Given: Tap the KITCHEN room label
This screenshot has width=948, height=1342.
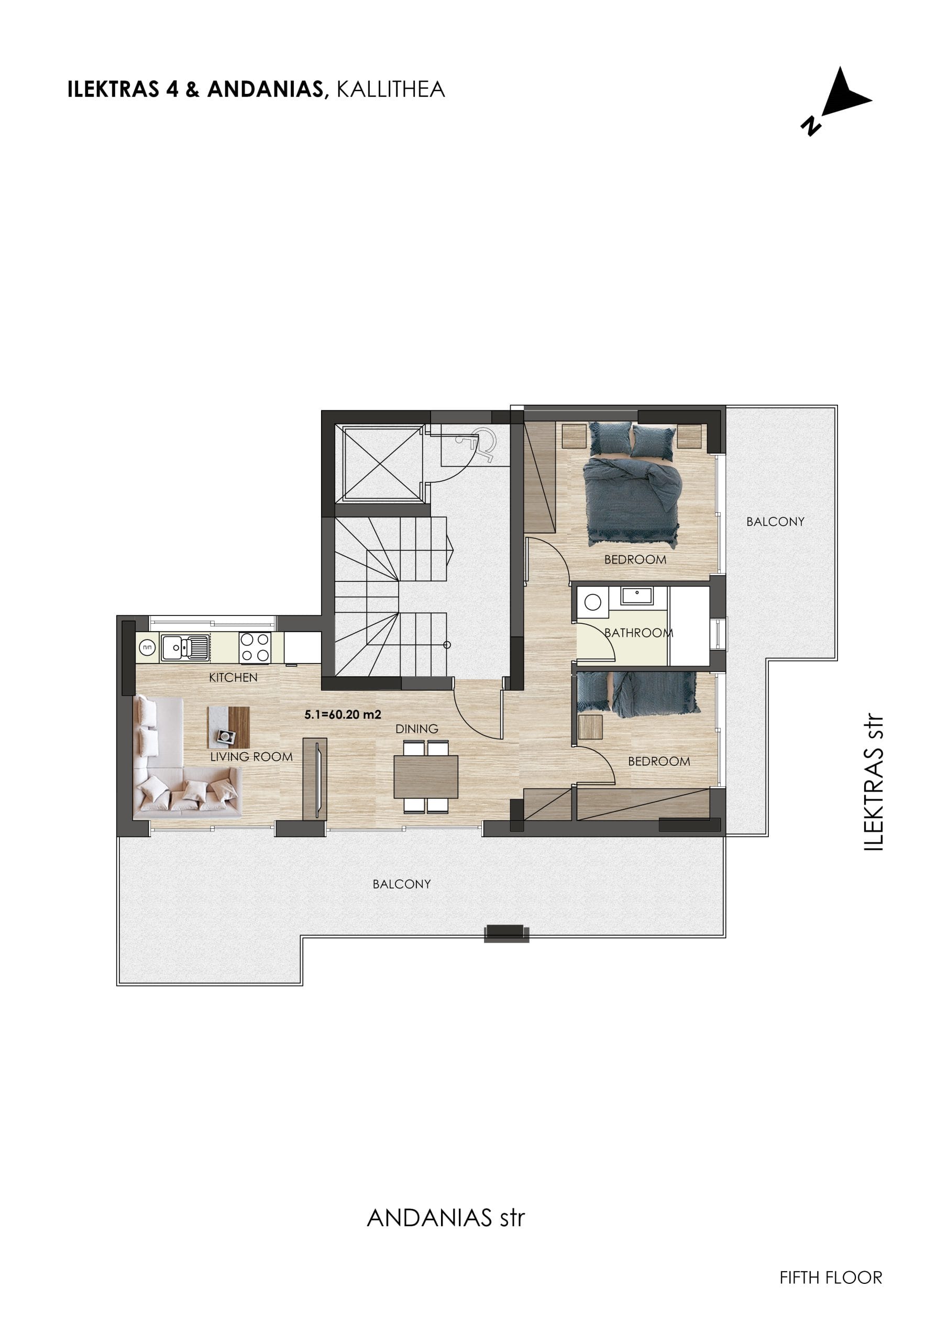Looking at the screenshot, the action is [x=233, y=677].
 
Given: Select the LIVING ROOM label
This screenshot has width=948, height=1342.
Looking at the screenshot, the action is [x=251, y=757].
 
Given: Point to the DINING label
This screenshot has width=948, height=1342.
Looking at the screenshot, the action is [x=416, y=729].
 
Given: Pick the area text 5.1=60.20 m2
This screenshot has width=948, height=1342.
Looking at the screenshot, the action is [x=343, y=715].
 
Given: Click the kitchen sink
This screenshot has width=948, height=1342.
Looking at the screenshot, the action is [x=185, y=647].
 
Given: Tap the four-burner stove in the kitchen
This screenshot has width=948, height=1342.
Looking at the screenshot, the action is [x=255, y=647].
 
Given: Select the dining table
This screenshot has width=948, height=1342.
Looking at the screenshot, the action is [x=426, y=777].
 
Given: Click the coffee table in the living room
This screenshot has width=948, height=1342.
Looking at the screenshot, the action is [x=228, y=727].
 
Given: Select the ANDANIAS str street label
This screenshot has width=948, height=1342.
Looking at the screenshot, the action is [x=446, y=1218].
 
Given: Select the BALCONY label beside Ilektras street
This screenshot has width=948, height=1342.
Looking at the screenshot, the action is [x=775, y=522].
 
